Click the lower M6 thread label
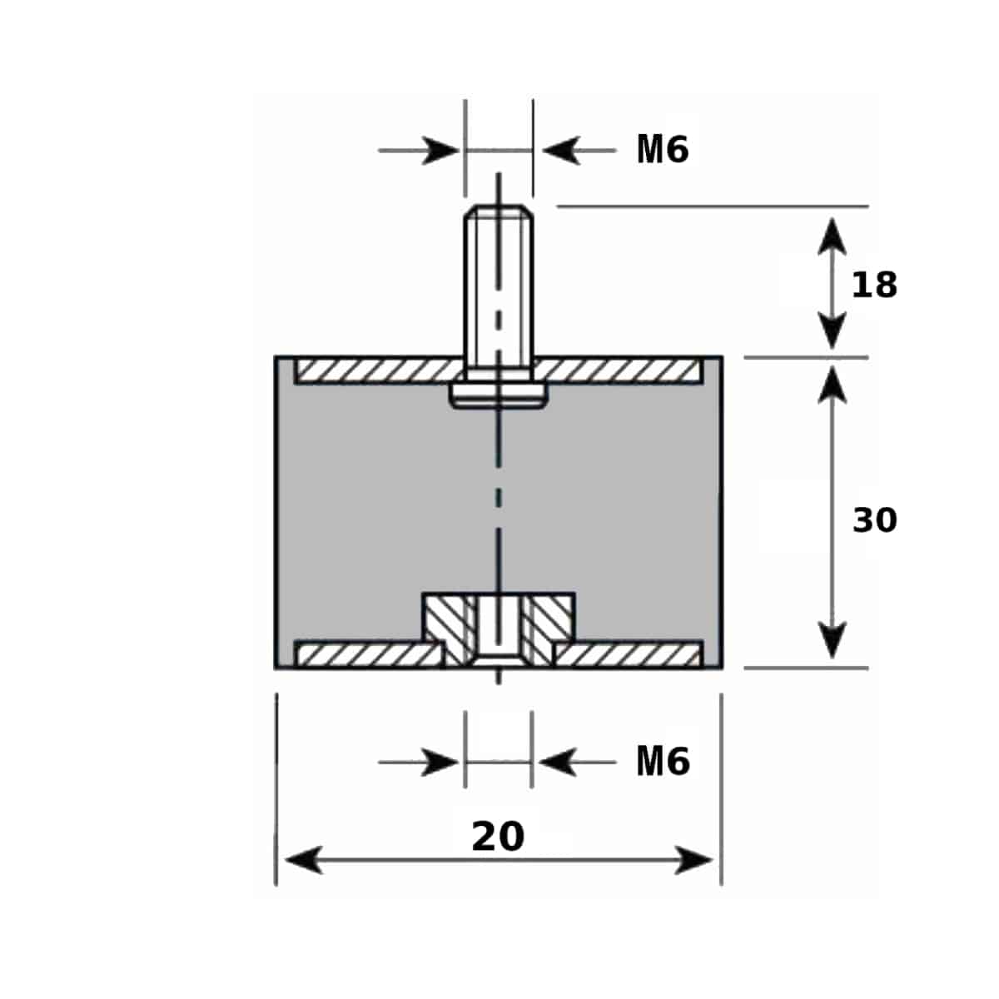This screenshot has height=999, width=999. pos(663,762)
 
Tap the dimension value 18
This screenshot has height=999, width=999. pos(874,285)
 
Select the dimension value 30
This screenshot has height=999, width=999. pos(875,520)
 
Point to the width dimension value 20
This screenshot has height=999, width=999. pos(498,837)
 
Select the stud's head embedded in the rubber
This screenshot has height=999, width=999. pos(498,395)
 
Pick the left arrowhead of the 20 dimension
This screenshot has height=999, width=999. pos(304,861)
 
